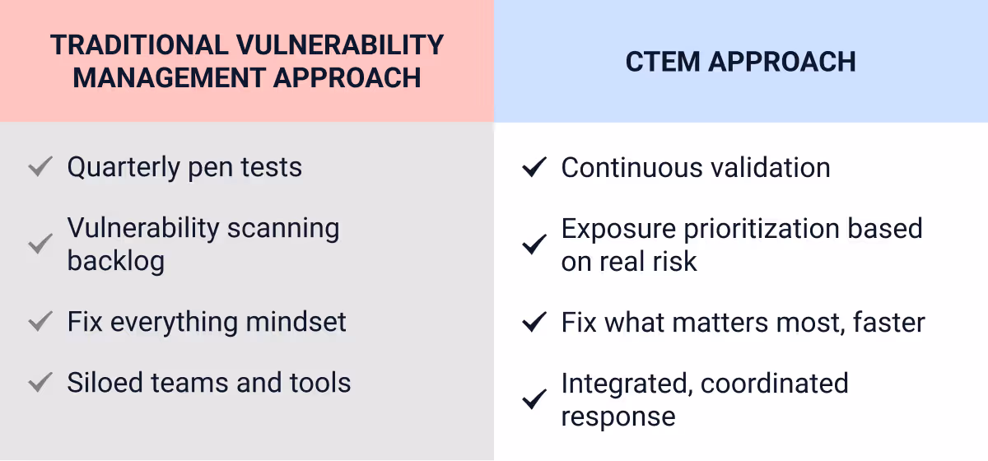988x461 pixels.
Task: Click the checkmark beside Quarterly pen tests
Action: (40, 168)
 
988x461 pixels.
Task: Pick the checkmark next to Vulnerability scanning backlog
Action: (40, 244)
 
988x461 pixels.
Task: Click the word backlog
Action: (116, 261)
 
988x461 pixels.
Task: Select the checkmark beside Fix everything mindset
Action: (40, 322)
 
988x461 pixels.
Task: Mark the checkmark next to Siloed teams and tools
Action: (40, 384)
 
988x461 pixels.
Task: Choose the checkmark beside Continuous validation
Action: (535, 168)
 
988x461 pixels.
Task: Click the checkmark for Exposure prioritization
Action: (535, 244)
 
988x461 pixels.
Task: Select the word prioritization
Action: (764, 229)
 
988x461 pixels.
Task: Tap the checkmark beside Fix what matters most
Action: (535, 322)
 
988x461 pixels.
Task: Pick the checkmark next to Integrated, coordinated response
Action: (535, 400)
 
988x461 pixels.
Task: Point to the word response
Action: (618, 417)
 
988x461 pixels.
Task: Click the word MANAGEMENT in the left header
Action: (167, 78)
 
